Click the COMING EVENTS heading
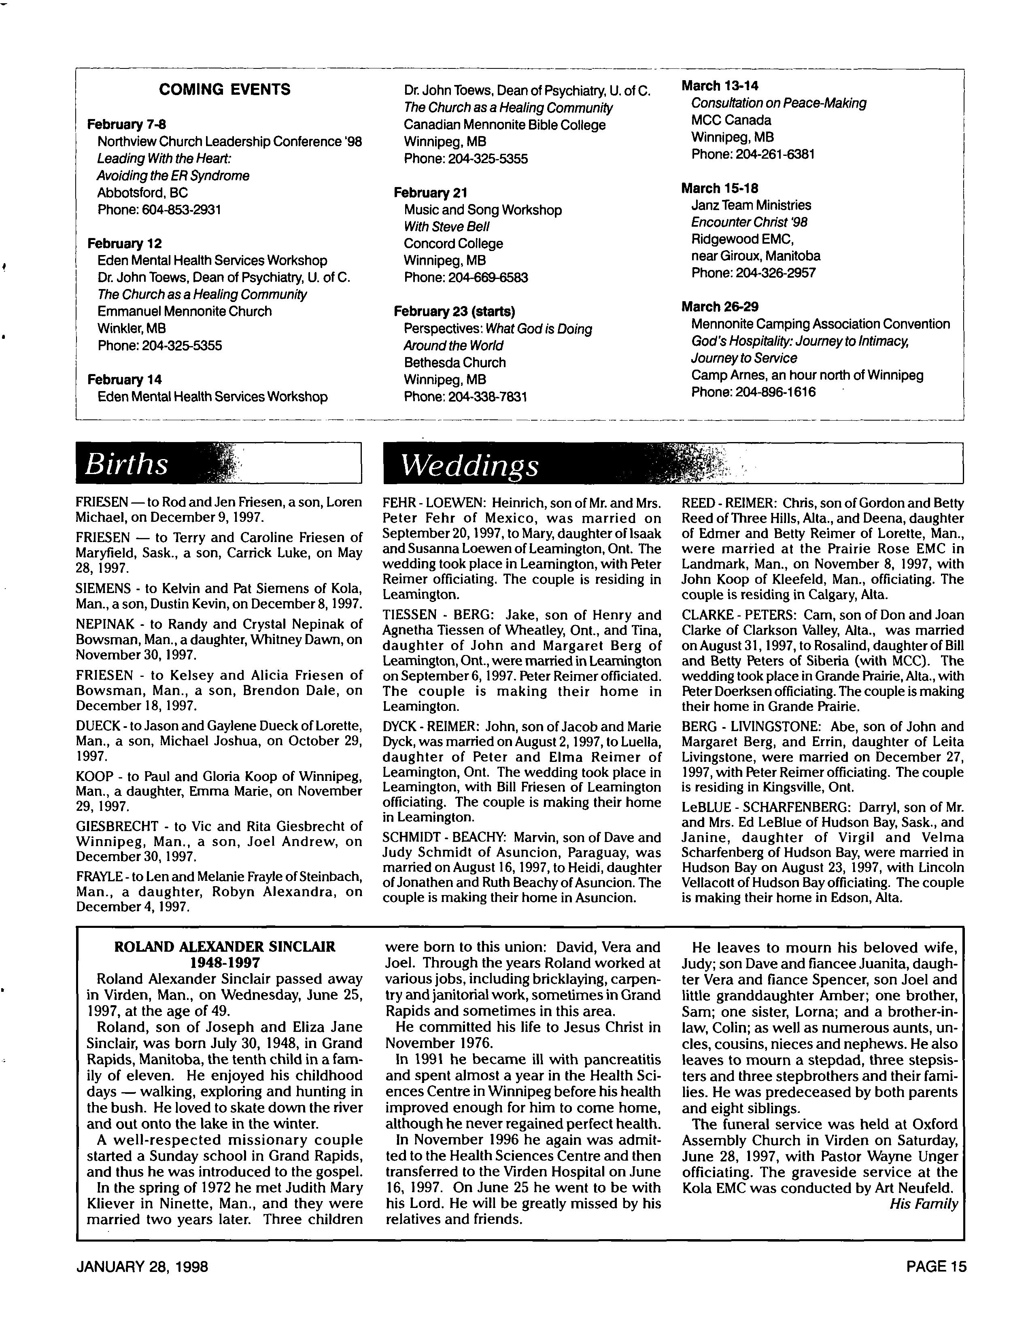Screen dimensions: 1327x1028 pyautogui.click(x=224, y=90)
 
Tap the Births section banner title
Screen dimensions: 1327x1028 pyautogui.click(x=126, y=464)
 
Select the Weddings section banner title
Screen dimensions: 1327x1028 pyautogui.click(x=469, y=466)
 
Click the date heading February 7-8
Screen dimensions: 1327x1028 pyautogui.click(x=126, y=125)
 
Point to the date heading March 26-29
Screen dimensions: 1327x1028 pyautogui.click(x=719, y=307)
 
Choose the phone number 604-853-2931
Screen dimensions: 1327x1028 pyautogui.click(x=181, y=210)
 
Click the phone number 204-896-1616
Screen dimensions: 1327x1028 pyautogui.click(x=775, y=392)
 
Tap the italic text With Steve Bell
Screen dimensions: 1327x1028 pyautogui.click(x=446, y=227)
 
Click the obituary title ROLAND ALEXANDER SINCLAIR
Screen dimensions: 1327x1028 pyautogui.click(x=225, y=946)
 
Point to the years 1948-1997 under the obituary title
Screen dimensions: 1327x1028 pyautogui.click(x=225, y=962)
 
